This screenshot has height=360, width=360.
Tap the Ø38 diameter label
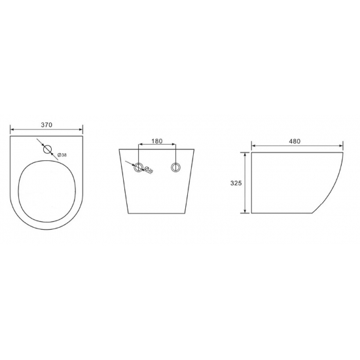(62, 154)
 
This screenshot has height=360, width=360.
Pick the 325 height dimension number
(237, 183)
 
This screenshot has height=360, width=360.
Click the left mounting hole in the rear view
(138, 168)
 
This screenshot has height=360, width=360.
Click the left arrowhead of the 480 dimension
(254, 146)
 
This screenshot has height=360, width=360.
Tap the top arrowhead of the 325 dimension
(246, 156)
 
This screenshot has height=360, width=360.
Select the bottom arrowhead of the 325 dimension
(246, 211)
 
